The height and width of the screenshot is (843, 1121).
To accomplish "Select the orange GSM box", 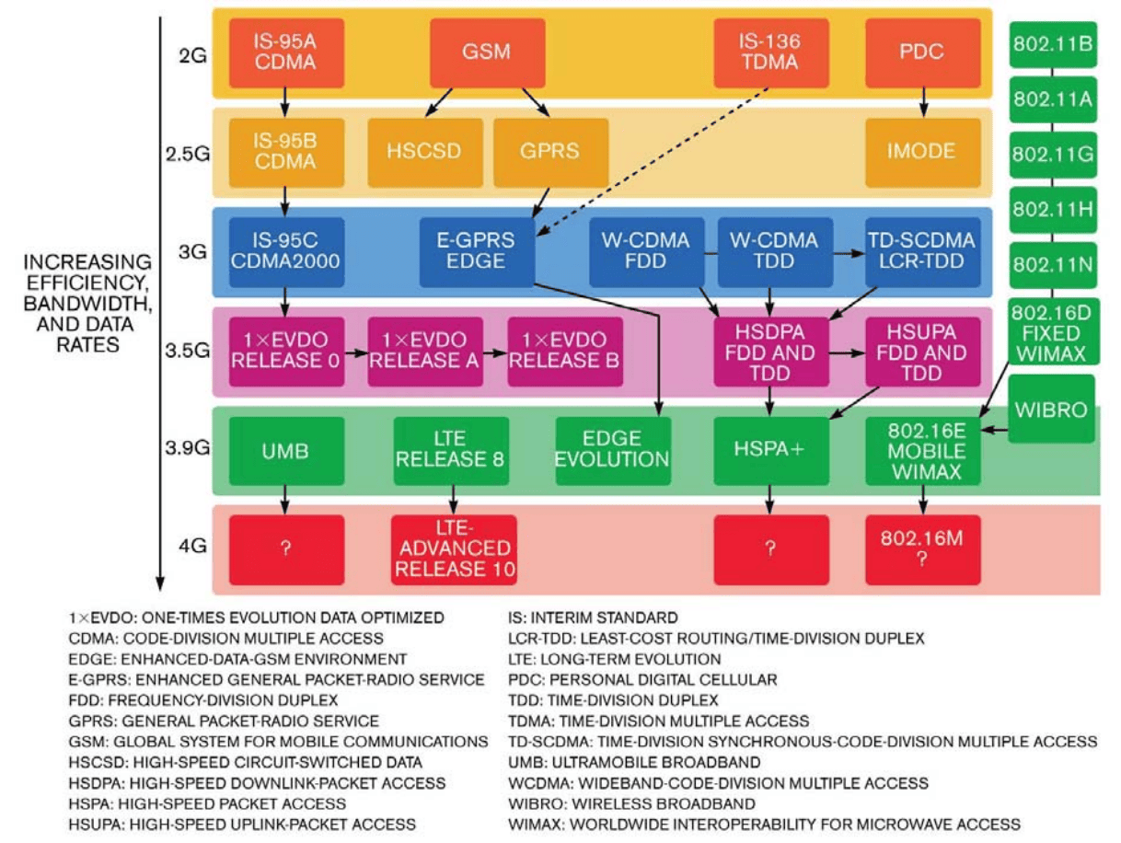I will point(487,52).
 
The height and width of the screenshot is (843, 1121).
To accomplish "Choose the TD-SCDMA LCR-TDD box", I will point(922,250).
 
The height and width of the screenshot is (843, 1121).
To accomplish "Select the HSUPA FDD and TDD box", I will point(922,352).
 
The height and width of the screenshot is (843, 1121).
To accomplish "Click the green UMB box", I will point(285,451).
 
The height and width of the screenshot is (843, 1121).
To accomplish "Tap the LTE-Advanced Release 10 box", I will point(454,549).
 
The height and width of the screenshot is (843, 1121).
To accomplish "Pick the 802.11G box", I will point(1052,154).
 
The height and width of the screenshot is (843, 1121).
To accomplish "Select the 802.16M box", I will point(922,549).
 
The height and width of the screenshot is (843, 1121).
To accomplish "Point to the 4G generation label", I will point(192,546).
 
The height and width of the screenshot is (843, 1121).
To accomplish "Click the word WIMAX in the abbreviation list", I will point(537,824).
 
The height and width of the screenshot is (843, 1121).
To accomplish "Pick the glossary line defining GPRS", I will point(225,721).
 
